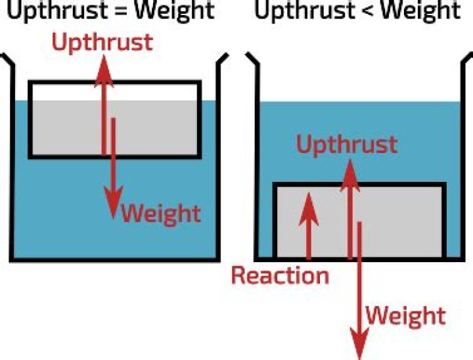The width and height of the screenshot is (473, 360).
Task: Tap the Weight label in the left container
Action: pyautogui.click(x=161, y=214)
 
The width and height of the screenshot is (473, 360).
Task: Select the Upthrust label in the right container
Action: pyautogui.click(x=346, y=145)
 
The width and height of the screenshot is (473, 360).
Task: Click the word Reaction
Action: pyautogui.click(x=280, y=275)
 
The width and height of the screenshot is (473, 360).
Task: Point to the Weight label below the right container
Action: pyautogui.click(x=405, y=315)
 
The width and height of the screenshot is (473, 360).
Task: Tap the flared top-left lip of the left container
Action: pyautogui.click(x=7, y=62)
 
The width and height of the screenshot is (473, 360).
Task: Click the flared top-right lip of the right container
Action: pyautogui.click(x=466, y=62)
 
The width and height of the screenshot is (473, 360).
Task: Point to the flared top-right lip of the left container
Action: pyautogui.click(x=223, y=62)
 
